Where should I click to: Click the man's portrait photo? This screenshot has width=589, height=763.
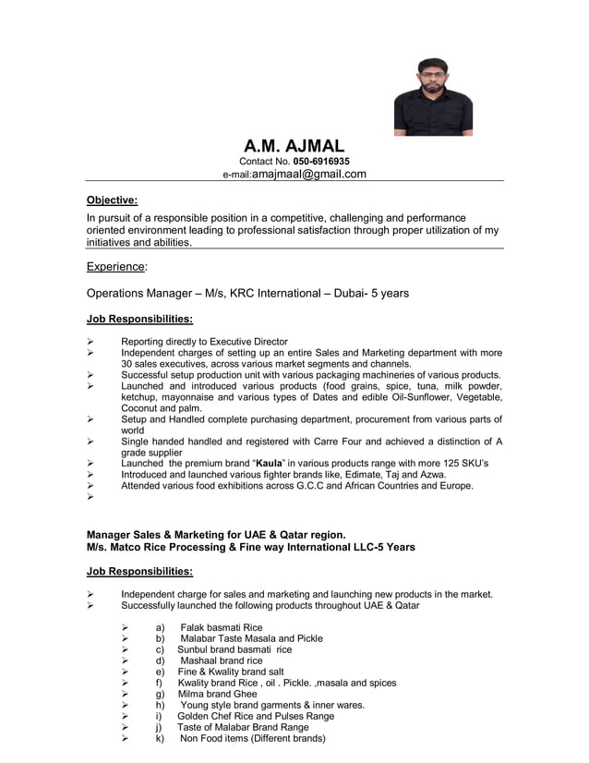click(x=433, y=96)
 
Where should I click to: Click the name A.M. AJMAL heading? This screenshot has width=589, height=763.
click(x=294, y=146)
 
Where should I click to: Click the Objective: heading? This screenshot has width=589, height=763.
click(x=112, y=200)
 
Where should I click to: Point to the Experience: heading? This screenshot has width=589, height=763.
click(x=116, y=266)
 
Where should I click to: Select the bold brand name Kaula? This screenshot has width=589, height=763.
click(x=269, y=462)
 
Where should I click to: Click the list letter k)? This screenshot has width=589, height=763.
click(x=160, y=738)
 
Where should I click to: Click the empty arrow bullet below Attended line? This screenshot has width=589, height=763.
click(x=90, y=497)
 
